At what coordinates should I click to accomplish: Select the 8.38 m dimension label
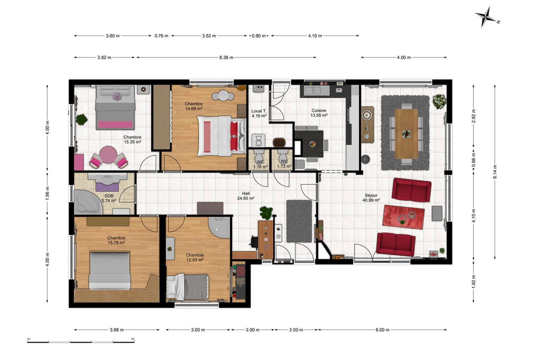pyautogui.click(x=226, y=57)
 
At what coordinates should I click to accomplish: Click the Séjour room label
pyautogui.click(x=371, y=195)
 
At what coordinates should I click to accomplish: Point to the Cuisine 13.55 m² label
pyautogui.click(x=319, y=113)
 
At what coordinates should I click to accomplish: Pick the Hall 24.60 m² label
pyautogui.click(x=246, y=196)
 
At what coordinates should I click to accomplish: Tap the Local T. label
pyautogui.click(x=259, y=111)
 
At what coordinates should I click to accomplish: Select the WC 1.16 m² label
pyautogui.click(x=260, y=164)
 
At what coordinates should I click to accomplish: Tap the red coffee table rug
pyautogui.click(x=403, y=217)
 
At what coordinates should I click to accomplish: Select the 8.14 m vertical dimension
pyautogui.click(x=495, y=172)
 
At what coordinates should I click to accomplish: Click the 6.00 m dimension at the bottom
pyautogui.click(x=383, y=330)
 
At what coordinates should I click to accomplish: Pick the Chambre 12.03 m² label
pyautogui.click(x=194, y=257)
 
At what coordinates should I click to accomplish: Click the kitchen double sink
pyautogui.click(x=313, y=91)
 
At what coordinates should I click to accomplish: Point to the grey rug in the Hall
pyautogui.click(x=299, y=221)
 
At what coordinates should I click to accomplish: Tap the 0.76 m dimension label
pyautogui.click(x=161, y=36)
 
